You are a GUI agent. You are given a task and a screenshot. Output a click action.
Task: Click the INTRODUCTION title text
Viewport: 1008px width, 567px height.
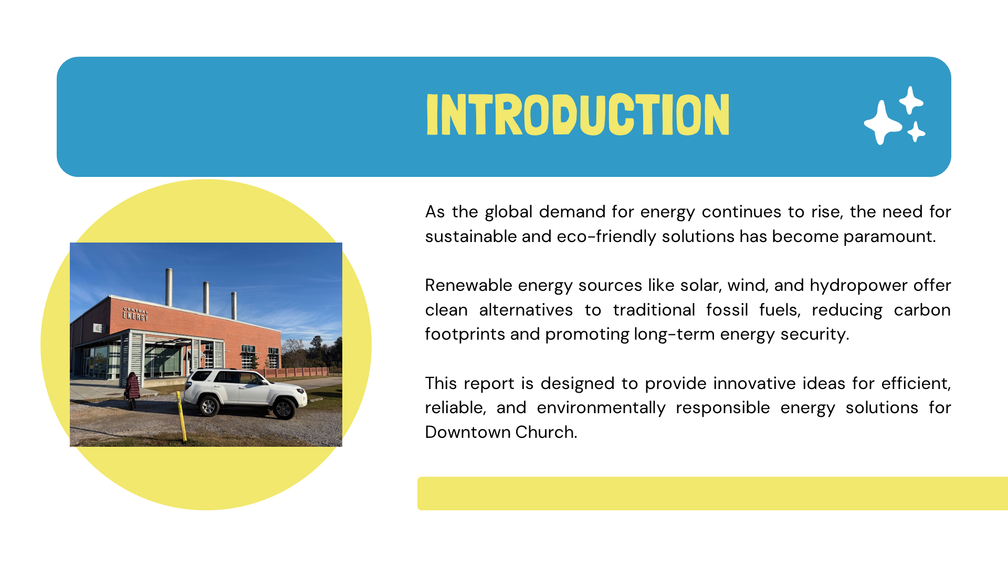(x=577, y=114)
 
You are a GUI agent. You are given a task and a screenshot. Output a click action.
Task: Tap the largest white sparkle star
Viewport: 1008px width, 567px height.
(x=883, y=122)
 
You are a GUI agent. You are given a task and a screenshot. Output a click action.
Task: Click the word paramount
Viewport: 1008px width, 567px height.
(x=889, y=236)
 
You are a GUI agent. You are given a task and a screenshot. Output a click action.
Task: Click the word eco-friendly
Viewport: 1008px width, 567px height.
(x=606, y=236)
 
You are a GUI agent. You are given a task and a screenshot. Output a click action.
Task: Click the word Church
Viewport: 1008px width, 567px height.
(x=546, y=432)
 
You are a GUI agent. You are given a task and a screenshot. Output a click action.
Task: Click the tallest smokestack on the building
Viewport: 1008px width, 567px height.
(x=169, y=287)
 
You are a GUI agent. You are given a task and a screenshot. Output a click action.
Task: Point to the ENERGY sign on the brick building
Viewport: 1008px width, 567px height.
(x=135, y=315)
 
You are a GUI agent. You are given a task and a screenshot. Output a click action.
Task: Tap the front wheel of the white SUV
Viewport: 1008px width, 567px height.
(x=284, y=408)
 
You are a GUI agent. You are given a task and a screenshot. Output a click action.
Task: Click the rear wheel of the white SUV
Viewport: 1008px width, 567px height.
(x=208, y=406)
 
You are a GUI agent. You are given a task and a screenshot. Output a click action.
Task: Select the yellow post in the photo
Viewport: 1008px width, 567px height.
(x=181, y=417)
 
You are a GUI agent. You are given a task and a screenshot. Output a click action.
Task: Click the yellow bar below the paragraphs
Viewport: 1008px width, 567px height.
(x=712, y=493)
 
